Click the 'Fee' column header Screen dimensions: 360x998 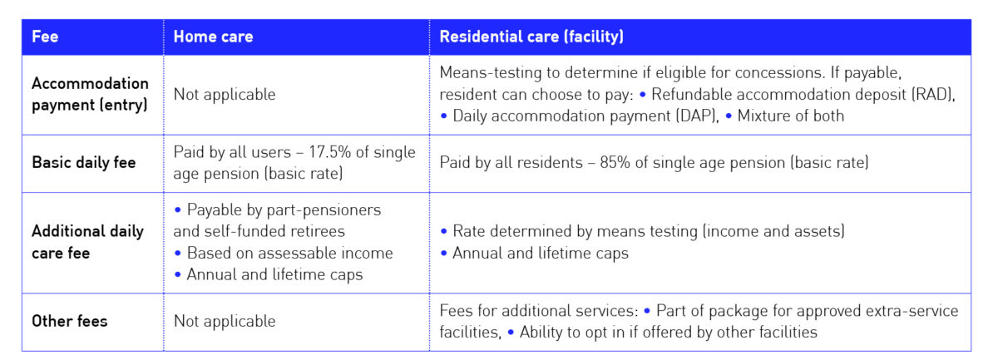click(x=45, y=37)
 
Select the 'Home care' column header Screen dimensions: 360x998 click(x=213, y=37)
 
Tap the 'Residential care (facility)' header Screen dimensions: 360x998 click(x=531, y=37)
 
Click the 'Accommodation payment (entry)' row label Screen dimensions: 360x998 click(x=90, y=95)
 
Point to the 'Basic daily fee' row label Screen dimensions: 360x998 click(x=82, y=163)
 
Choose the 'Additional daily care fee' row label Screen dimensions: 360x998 click(x=87, y=242)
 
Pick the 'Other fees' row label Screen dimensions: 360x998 click(x=69, y=320)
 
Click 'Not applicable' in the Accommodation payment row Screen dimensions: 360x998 click(x=224, y=95)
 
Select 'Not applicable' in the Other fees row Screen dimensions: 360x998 click(x=224, y=321)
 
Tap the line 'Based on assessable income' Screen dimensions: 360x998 click(x=289, y=253)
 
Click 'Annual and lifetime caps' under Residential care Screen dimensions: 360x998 click(x=540, y=253)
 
